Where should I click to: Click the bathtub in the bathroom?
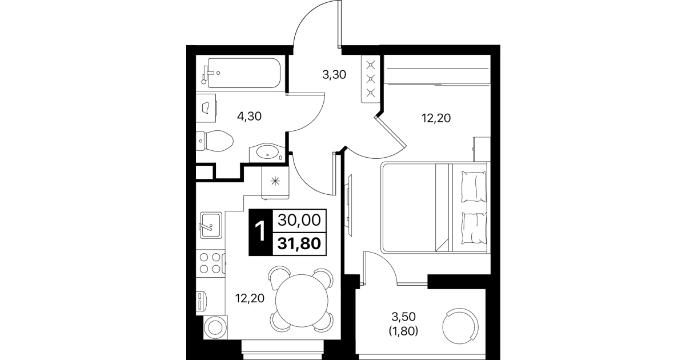pyautogui.click(x=244, y=73)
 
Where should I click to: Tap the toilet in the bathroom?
pyautogui.click(x=214, y=141)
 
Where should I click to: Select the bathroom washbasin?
pyautogui.click(x=267, y=152)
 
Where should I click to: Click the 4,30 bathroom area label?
pyautogui.click(x=249, y=117)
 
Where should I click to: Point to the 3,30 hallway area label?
pyautogui.click(x=334, y=74)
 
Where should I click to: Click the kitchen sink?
pyautogui.click(x=211, y=225)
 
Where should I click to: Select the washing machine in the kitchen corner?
pyautogui.click(x=215, y=327)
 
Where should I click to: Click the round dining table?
pyautogui.click(x=302, y=301)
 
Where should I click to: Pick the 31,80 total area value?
pyautogui.click(x=299, y=243)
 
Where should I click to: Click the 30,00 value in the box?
pyautogui.click(x=299, y=220)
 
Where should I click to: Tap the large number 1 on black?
pyautogui.click(x=260, y=232)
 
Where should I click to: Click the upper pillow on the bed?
pyautogui.click(x=474, y=187)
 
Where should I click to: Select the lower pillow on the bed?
pyautogui.click(x=474, y=228)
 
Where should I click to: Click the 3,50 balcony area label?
pyautogui.click(x=404, y=317)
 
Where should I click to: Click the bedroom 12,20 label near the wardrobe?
pyautogui.click(x=436, y=118)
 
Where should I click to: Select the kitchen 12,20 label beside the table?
pyautogui.click(x=250, y=298)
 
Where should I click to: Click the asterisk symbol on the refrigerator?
pyautogui.click(x=275, y=181)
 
